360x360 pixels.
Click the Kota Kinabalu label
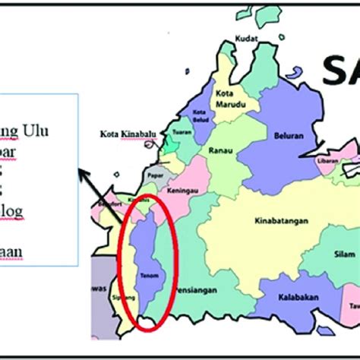click(125, 134)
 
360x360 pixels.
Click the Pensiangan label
click(194, 289)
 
